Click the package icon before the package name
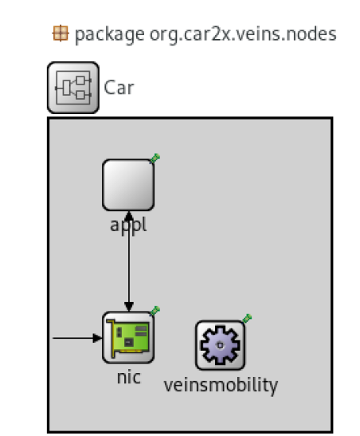point(61,33)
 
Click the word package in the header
point(109,35)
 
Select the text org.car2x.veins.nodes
point(243,34)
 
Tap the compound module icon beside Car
point(73,88)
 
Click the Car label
point(119,88)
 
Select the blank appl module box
point(128,185)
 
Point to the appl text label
point(128,226)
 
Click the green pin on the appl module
point(155,159)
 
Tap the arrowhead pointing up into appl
point(128,216)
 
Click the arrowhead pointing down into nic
point(128,307)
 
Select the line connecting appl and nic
point(128,261)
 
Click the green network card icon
point(128,338)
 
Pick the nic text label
point(128,378)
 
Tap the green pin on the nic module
point(155,311)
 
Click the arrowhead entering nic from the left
point(97,338)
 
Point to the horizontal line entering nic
point(77,338)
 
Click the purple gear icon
point(220,345)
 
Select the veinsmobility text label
point(221,386)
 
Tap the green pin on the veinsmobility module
point(247,319)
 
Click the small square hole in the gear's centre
point(220,345)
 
